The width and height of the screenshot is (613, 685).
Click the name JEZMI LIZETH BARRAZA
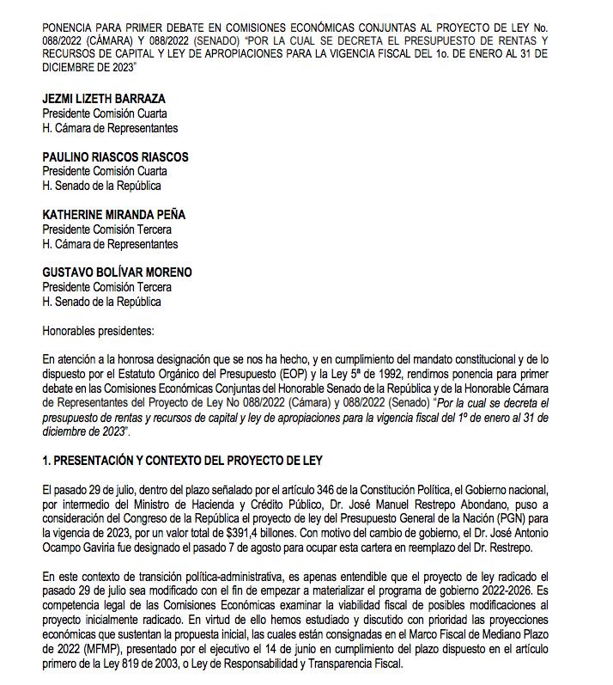pos(104,99)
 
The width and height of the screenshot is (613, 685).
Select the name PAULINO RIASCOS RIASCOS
pos(115,157)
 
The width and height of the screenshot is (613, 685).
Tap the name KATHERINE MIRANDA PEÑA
pos(113,215)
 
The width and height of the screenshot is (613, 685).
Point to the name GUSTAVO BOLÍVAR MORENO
pos(117,272)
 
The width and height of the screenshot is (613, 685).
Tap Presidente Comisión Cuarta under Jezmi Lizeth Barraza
pos(105,113)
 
